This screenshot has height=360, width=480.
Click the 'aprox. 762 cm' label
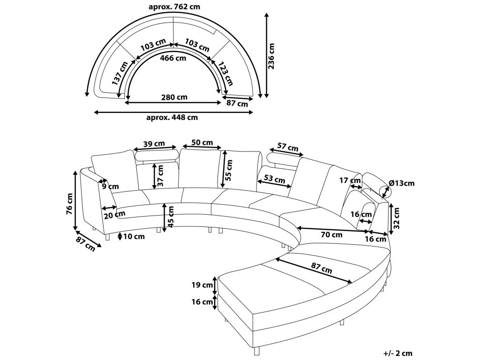tap(174, 7)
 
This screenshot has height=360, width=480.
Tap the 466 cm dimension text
tap(173, 58)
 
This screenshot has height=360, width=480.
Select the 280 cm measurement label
tap(174, 97)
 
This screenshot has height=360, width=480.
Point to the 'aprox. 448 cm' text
tap(172, 117)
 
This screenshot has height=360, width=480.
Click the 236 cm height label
tap(271, 56)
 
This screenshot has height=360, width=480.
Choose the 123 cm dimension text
tap(225, 73)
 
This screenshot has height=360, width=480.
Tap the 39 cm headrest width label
tap(154, 143)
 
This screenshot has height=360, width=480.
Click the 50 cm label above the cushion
tap(202, 142)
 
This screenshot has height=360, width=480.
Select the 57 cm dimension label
tap(288, 147)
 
